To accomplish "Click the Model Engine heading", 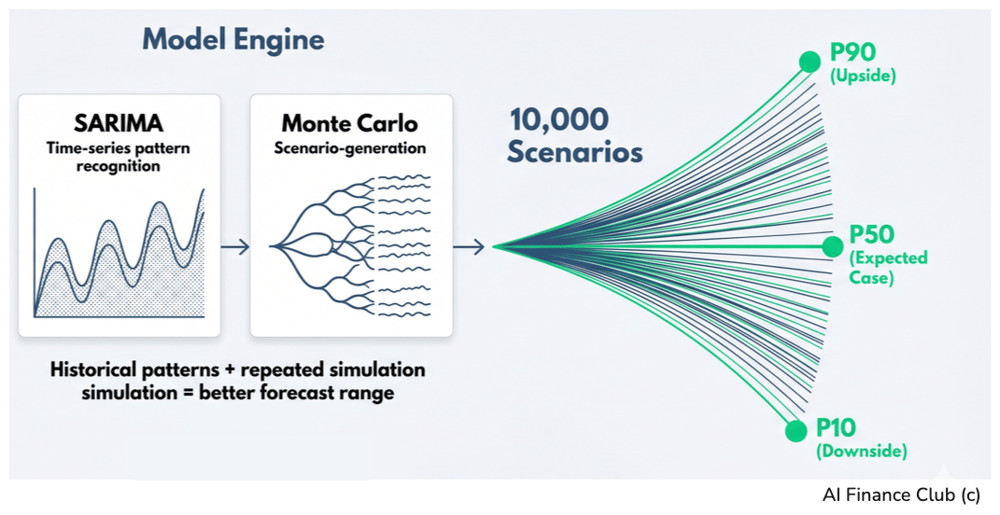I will click(x=232, y=40).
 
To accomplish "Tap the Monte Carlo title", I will click(x=350, y=123).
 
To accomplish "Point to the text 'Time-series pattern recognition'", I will click(x=120, y=156).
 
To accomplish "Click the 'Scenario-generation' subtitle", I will click(x=350, y=147).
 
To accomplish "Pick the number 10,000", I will click(x=559, y=119).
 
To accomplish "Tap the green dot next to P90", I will click(x=810, y=63).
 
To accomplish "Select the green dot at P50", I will click(x=832, y=246).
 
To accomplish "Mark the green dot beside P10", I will click(x=796, y=431).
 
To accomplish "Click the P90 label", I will click(x=852, y=54).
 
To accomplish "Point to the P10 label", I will click(x=837, y=427).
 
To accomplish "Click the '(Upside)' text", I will click(x=862, y=77).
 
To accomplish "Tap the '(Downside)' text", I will click(x=861, y=452).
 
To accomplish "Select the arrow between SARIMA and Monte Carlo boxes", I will click(x=235, y=247).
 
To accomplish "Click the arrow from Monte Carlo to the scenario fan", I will click(x=469, y=247).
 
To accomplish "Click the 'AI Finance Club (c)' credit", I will click(x=901, y=495).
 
